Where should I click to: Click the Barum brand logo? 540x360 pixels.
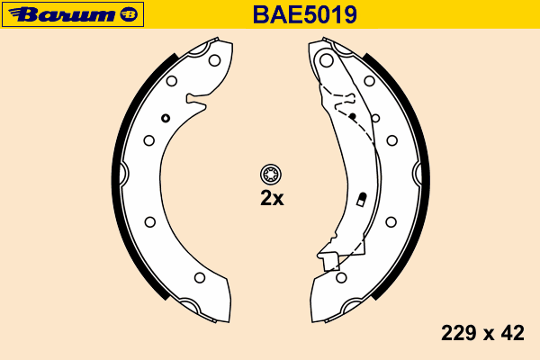click(x=73, y=14)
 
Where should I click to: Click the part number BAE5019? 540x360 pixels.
click(x=305, y=14)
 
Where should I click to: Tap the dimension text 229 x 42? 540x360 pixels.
click(x=482, y=333)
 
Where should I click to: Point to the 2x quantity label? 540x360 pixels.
click(x=272, y=198)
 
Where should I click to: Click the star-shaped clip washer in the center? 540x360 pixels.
click(x=271, y=175)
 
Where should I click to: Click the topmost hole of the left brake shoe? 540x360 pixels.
click(x=214, y=60)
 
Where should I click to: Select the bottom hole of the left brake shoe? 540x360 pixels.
click(x=200, y=277)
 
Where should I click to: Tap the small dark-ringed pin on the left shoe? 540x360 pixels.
click(x=166, y=118)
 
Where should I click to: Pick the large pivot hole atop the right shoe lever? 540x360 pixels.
click(x=327, y=60)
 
